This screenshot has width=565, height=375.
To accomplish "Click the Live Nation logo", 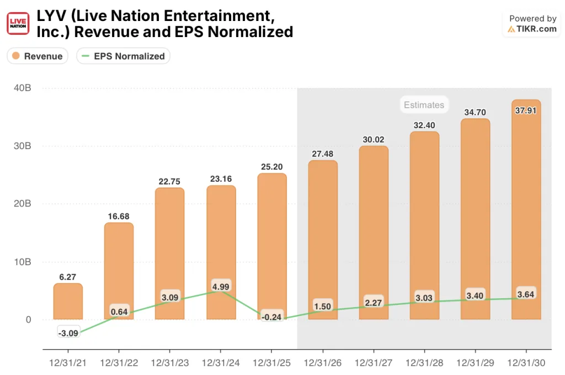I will [18, 23].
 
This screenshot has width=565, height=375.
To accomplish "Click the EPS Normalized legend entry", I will [123, 56].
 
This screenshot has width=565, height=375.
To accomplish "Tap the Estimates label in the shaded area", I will [423, 104].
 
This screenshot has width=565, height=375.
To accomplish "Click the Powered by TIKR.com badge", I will [532, 24].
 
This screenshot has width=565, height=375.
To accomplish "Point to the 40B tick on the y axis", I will [23, 88].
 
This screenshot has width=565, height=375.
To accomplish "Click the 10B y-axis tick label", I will [23, 262].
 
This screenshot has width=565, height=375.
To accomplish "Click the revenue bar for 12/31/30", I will [526, 210].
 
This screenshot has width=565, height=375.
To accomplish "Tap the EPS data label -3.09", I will [68, 332].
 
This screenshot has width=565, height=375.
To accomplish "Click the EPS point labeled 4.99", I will [220, 287].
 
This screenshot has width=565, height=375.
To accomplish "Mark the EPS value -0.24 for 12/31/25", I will [271, 316].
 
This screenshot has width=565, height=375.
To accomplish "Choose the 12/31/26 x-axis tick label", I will [322, 363].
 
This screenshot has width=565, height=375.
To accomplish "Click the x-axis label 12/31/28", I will [424, 363].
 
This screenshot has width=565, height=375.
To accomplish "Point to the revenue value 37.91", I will [526, 109].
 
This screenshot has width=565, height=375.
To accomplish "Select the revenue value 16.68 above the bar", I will [119, 216].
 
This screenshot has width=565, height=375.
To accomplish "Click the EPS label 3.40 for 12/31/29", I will [475, 295].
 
